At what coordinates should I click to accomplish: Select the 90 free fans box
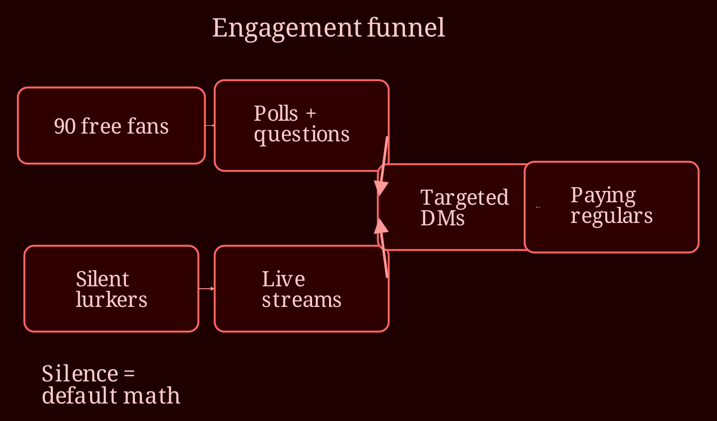(111, 125)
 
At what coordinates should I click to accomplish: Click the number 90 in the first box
(65, 126)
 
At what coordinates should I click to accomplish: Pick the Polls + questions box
(302, 125)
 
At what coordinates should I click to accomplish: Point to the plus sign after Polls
(311, 113)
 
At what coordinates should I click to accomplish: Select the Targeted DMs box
(451, 207)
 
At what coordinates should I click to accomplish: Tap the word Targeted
(464, 198)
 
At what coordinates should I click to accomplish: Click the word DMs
(442, 218)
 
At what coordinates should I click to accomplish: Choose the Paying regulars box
(611, 207)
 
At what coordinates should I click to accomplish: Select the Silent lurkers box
(111, 289)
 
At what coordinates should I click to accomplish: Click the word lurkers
(111, 300)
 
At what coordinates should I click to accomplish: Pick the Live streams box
(302, 289)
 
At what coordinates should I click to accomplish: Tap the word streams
(302, 300)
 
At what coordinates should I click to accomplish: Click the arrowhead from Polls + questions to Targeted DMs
(380, 188)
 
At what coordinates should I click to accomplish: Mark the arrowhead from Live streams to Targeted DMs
(380, 226)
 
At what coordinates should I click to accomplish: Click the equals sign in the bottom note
(129, 373)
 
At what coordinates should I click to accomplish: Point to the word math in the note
(152, 396)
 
